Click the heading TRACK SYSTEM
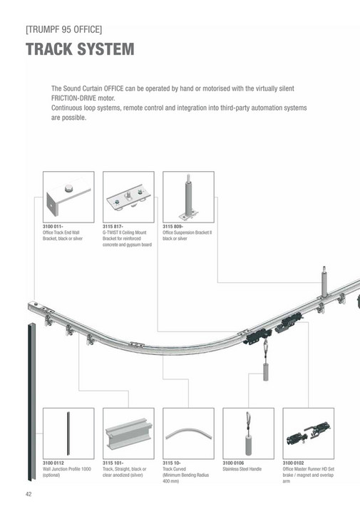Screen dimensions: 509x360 tap(80, 50)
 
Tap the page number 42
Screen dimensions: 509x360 tap(29, 494)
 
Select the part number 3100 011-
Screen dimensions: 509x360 tap(55, 227)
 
